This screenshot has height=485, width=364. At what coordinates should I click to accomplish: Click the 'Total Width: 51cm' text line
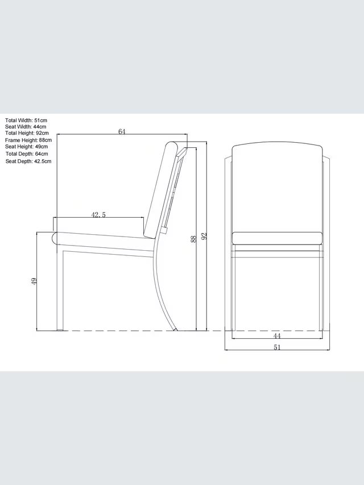pos(26,121)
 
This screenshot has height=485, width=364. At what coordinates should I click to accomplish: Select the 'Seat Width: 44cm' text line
pos(26,126)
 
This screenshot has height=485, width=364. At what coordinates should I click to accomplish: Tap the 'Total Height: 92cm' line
pos(27,133)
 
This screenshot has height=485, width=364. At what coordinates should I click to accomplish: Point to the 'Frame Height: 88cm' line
pos(28,140)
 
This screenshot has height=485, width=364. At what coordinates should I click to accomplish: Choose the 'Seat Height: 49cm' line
pos(26,147)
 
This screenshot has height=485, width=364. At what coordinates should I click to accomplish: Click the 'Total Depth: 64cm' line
pos(27,154)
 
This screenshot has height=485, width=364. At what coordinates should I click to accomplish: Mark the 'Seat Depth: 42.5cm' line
pos(28,161)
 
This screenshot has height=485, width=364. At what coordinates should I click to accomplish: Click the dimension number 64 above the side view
pos(122,131)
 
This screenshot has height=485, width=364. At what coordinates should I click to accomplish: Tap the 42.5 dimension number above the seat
pos(98,215)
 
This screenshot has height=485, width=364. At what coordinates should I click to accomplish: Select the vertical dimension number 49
pos(34,281)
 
